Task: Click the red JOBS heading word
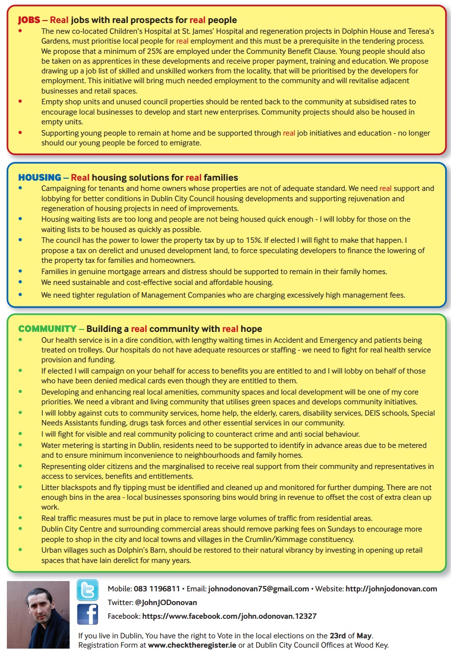(29, 20)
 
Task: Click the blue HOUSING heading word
(40, 178)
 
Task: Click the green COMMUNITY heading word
(47, 329)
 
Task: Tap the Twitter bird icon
(88, 590)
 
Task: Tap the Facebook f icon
(88, 614)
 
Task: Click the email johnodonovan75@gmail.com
(258, 589)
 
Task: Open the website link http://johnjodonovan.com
(391, 589)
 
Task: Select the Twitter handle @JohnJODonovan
(166, 603)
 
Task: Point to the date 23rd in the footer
(338, 636)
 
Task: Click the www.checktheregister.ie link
(192, 645)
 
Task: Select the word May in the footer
(364, 636)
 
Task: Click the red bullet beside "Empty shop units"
(20, 102)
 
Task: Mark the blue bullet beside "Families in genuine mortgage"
(20, 271)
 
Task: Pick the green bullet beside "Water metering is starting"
(20, 445)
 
